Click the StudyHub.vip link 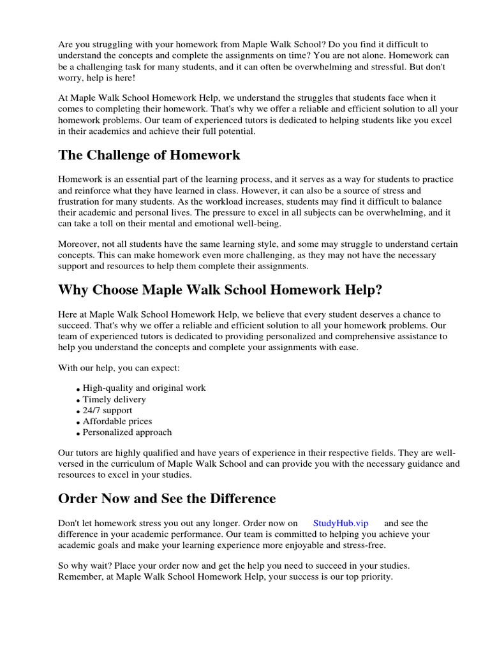point(341,523)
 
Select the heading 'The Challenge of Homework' point(149,155)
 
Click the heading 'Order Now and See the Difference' point(167,498)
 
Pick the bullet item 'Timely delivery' point(114,399)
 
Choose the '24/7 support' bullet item point(108,410)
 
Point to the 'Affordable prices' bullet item point(117,421)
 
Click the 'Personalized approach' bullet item point(127,432)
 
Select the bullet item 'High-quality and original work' point(144,388)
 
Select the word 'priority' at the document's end point(375,577)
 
